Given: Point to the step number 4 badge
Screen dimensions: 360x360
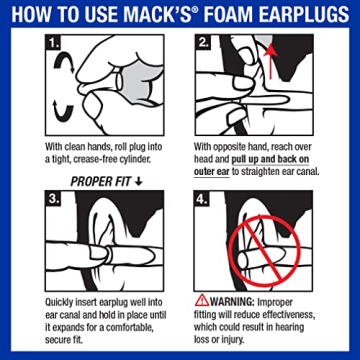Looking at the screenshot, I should (x=204, y=201).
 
